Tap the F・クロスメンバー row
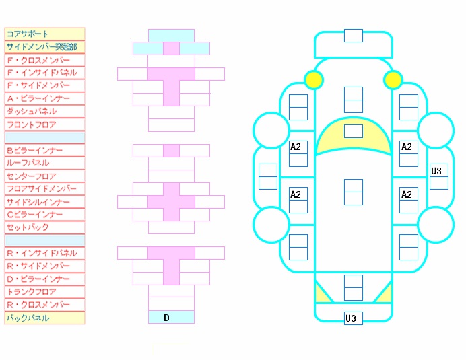(44, 60)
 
